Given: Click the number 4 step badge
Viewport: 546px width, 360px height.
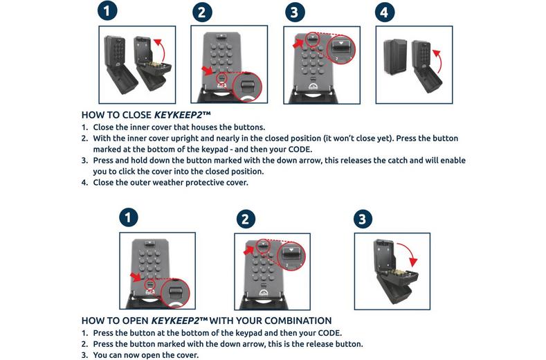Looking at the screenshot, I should pyautogui.click(x=385, y=12).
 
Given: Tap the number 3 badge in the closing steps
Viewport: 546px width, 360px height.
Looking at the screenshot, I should pyautogui.click(x=294, y=12).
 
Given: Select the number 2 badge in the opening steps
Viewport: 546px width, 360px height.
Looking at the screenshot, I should pyautogui.click(x=245, y=219).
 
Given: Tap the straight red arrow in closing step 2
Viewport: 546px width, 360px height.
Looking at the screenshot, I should pyautogui.click(x=208, y=70).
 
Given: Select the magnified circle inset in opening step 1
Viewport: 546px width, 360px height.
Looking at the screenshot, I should pyautogui.click(x=176, y=293).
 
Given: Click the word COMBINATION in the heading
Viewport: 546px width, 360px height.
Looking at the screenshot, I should pyautogui.click(x=293, y=321).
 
